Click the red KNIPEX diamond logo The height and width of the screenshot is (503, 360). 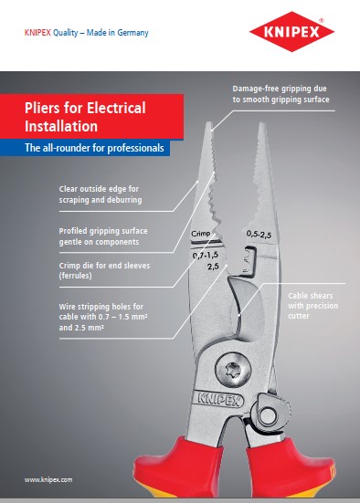(x=291, y=31)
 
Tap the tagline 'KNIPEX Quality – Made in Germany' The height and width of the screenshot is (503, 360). (x=87, y=32)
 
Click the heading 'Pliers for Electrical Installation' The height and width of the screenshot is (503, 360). (x=85, y=117)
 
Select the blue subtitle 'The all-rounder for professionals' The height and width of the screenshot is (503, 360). (x=94, y=148)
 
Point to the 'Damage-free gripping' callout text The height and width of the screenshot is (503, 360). (x=281, y=94)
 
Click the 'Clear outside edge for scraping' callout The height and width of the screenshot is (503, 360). (x=101, y=194)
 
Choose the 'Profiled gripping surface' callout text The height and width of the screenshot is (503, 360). (x=103, y=236)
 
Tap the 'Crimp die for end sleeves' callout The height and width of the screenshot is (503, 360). (x=104, y=270)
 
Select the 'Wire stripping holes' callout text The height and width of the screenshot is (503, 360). (x=103, y=317)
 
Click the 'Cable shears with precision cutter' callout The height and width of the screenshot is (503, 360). (x=312, y=306)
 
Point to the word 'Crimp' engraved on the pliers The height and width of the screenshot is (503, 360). (x=201, y=234)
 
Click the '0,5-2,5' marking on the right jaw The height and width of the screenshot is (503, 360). (x=259, y=235)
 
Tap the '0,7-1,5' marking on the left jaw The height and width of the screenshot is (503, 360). (x=206, y=255)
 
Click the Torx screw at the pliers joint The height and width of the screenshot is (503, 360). (x=233, y=371)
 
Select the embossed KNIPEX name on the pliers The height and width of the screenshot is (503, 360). (x=219, y=399)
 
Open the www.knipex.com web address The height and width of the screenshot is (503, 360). (x=48, y=479)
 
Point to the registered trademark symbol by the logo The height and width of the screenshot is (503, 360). (x=321, y=20)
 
